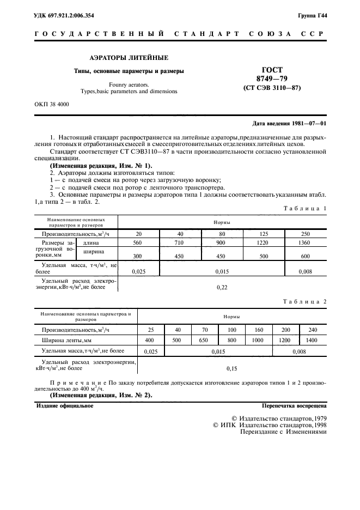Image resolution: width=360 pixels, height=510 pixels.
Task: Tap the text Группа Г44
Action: (312, 15)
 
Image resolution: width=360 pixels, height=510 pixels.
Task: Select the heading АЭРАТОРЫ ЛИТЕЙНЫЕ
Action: (129, 57)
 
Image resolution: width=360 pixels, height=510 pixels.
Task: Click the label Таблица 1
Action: (306, 208)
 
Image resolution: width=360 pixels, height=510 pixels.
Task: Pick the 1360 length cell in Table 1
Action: (306, 242)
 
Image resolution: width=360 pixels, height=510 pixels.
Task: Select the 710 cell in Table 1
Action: (180, 242)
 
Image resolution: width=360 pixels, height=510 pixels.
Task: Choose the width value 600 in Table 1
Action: (306, 256)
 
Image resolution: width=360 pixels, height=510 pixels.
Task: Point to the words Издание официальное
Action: (65, 406)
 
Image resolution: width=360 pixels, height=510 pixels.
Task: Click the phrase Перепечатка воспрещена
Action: (294, 406)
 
